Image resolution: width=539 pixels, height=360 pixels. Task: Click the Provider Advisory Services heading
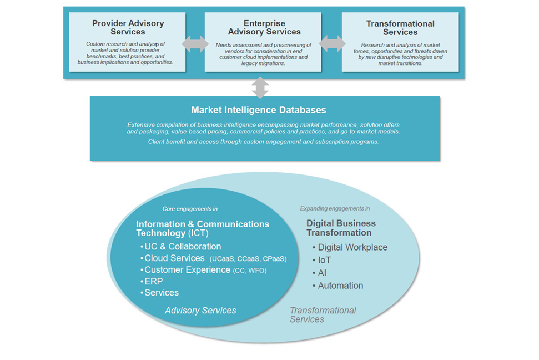128,28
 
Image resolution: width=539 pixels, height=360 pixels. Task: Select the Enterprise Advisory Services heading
264,28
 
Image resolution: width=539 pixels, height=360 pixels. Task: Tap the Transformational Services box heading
400,28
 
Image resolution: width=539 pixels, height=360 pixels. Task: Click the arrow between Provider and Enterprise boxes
195,44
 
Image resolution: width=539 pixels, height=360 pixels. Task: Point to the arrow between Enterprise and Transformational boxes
332,44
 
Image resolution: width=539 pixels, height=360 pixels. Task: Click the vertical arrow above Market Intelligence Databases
260,88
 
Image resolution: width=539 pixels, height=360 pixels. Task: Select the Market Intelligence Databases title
259,110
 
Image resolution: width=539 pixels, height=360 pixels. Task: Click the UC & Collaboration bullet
183,247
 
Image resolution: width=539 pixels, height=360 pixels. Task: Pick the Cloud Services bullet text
174,258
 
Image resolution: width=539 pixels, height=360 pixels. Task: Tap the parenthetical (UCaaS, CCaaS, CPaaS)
248,259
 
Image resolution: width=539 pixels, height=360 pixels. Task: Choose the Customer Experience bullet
187,270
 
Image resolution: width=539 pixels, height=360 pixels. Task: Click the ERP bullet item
153,281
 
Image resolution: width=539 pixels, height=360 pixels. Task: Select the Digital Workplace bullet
352,247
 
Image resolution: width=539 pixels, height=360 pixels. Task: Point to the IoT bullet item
324,260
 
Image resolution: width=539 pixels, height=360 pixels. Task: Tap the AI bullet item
322,273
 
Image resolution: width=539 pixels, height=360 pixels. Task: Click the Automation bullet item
340,286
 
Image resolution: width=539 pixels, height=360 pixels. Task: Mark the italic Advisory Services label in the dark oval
200,311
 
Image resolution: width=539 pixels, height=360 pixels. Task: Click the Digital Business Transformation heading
341,228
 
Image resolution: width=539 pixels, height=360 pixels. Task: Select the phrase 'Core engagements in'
190,209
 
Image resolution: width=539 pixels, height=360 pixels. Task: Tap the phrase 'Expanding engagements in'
335,209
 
